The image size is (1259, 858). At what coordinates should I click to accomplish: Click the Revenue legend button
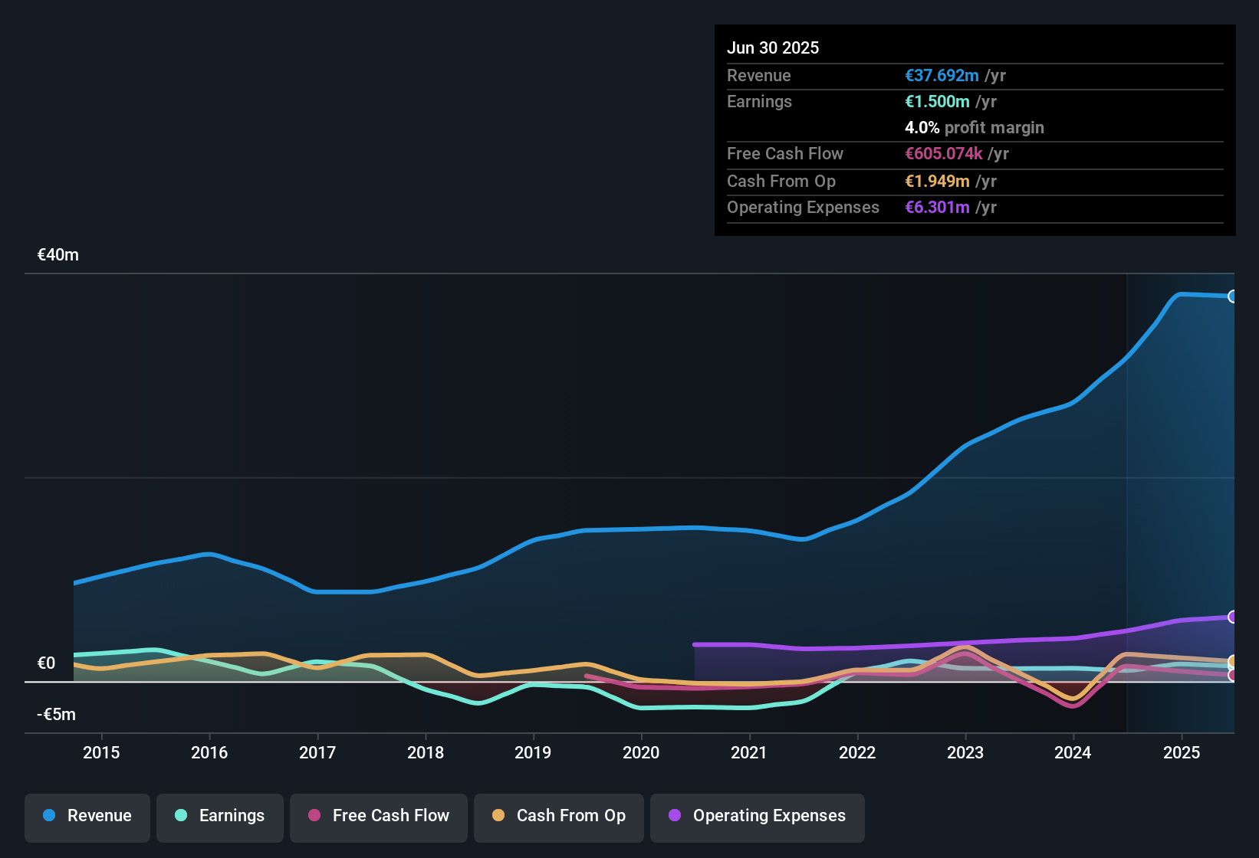(87, 816)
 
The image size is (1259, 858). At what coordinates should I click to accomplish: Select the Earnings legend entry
(220, 816)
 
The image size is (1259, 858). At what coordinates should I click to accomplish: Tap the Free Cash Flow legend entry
(379, 816)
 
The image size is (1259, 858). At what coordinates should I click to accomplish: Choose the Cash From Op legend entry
(559, 816)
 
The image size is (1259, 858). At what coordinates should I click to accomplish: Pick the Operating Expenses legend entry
(758, 816)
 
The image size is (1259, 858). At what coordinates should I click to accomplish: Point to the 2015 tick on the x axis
(101, 752)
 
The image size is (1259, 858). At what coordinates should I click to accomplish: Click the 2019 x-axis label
(533, 752)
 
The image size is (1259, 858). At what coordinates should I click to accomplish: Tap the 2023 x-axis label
(965, 752)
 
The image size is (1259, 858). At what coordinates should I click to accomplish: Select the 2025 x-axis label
(1182, 752)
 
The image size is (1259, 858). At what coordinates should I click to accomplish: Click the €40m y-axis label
(58, 255)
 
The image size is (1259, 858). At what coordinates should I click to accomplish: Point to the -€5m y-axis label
(57, 715)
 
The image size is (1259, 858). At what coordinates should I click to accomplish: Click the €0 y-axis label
(47, 663)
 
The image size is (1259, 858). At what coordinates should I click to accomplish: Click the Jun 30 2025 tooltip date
(773, 47)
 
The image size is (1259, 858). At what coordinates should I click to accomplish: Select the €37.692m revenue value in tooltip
(942, 76)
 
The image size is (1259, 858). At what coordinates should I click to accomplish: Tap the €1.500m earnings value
(937, 102)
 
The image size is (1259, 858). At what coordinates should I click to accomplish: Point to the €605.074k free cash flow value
(943, 154)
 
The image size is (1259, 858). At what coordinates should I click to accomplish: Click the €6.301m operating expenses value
(937, 208)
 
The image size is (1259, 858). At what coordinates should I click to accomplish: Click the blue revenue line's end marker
(1232, 296)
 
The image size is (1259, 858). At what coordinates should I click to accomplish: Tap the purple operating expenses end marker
(1232, 617)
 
